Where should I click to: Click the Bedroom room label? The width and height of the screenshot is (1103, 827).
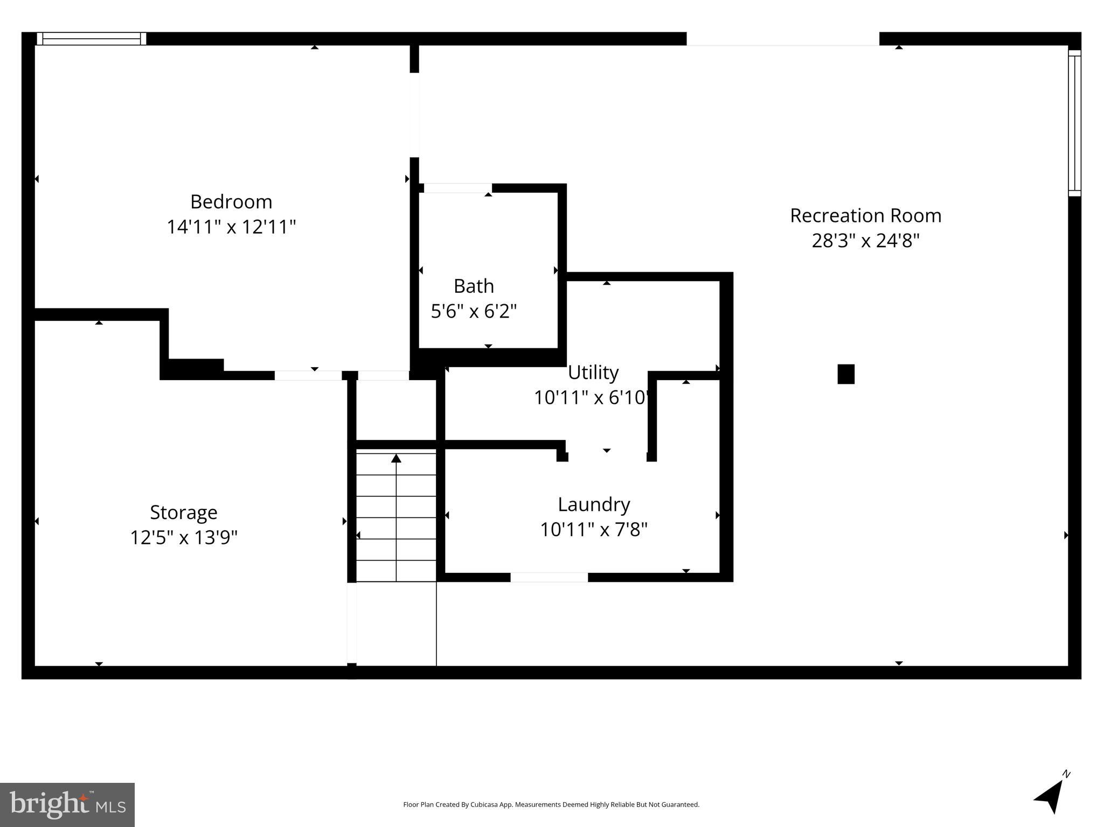pos(231,202)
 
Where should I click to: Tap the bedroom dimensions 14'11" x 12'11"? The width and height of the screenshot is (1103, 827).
pos(231,227)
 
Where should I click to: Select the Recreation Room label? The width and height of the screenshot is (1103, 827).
pos(865,216)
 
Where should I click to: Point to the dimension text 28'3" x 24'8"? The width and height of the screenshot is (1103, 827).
pos(865,241)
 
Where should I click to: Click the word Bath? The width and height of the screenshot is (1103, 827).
pos(474,286)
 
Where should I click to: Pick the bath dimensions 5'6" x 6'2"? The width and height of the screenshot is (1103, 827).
pos(474,311)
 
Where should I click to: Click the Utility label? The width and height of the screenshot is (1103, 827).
pos(593,373)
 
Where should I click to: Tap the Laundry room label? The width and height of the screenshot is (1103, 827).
pos(593,505)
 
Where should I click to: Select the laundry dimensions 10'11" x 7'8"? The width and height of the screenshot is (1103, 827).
pos(593,530)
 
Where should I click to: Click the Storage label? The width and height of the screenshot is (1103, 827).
pos(183,513)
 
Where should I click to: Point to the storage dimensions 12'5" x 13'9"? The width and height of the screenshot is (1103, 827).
pos(183,537)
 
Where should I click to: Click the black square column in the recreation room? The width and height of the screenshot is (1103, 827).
pos(845,374)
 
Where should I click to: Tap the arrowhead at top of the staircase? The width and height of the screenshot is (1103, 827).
pos(396,458)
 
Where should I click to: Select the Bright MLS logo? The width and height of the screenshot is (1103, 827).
pos(67,804)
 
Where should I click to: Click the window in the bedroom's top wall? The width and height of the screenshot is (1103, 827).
pos(91,39)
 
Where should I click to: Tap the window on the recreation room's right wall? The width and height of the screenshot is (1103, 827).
pos(1074,123)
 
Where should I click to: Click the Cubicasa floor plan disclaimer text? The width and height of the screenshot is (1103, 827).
pos(551,804)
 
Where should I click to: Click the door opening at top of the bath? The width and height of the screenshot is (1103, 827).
pos(457,188)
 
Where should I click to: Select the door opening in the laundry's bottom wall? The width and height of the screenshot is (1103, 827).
pos(549,577)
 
